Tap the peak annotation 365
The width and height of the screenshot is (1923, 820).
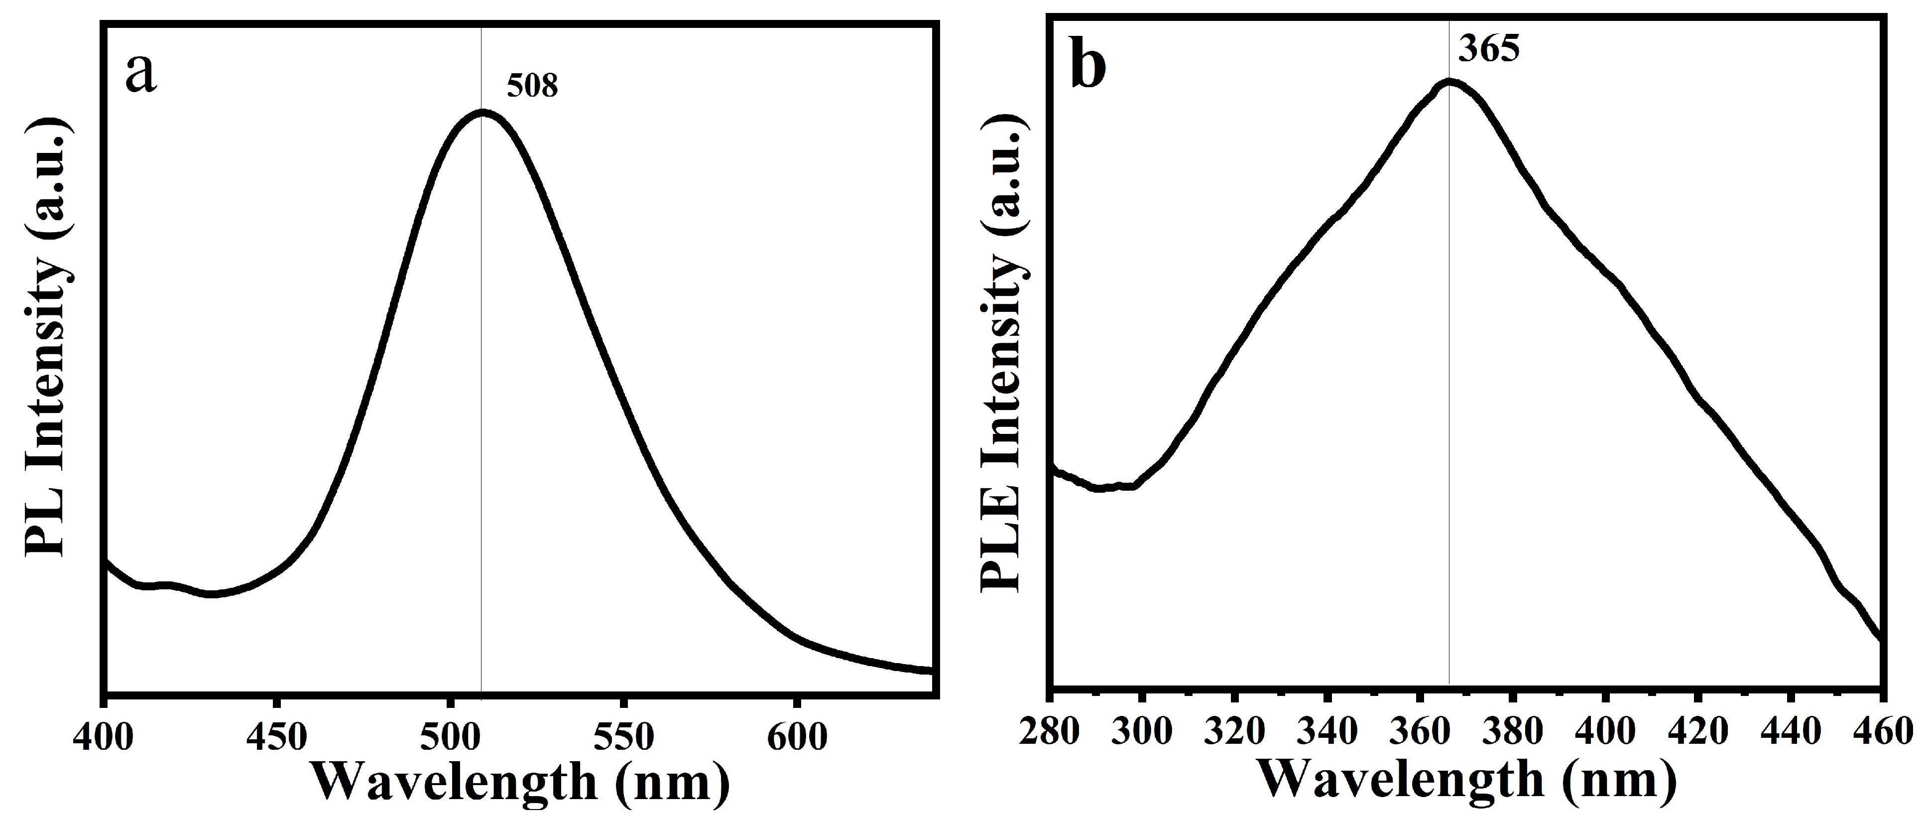(x=1488, y=51)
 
